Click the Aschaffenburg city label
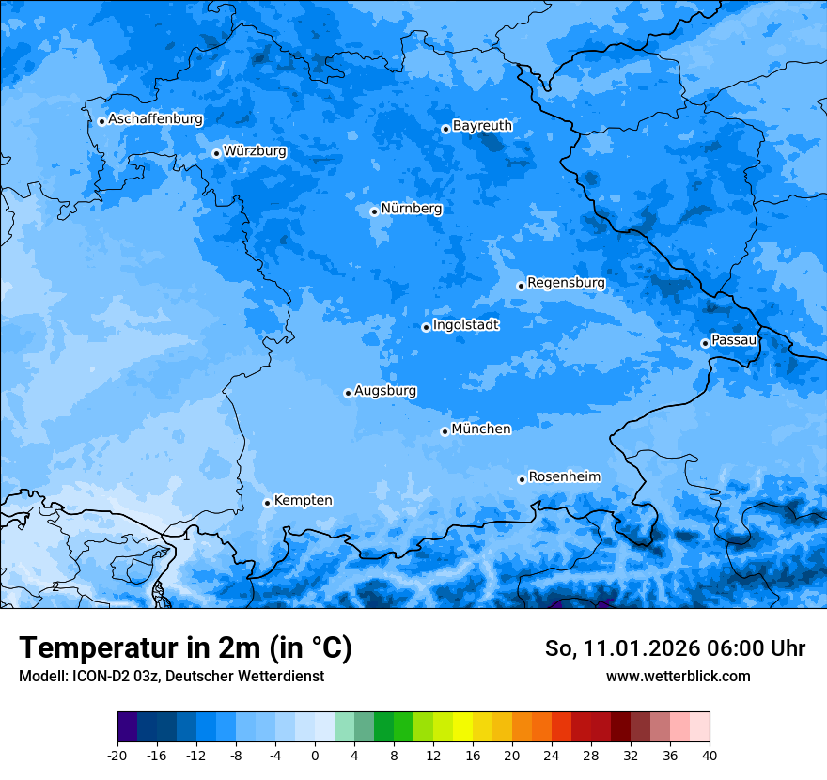(x=155, y=119)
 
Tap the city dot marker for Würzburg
(x=216, y=153)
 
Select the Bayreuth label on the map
(x=482, y=125)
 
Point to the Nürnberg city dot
(x=374, y=211)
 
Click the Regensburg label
(x=566, y=282)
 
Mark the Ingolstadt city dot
(x=426, y=327)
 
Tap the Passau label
(x=734, y=339)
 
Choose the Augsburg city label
(x=385, y=390)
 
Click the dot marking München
(x=445, y=431)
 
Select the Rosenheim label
(x=564, y=476)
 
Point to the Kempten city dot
(x=267, y=503)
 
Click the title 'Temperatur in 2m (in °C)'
(x=186, y=647)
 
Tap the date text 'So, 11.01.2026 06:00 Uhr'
(x=675, y=648)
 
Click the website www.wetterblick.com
(x=678, y=676)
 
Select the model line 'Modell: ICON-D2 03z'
(x=171, y=676)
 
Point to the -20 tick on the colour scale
(x=117, y=755)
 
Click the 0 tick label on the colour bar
(x=315, y=755)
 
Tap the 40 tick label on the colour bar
(x=709, y=755)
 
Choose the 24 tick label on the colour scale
(x=551, y=755)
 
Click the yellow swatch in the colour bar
(x=462, y=727)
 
